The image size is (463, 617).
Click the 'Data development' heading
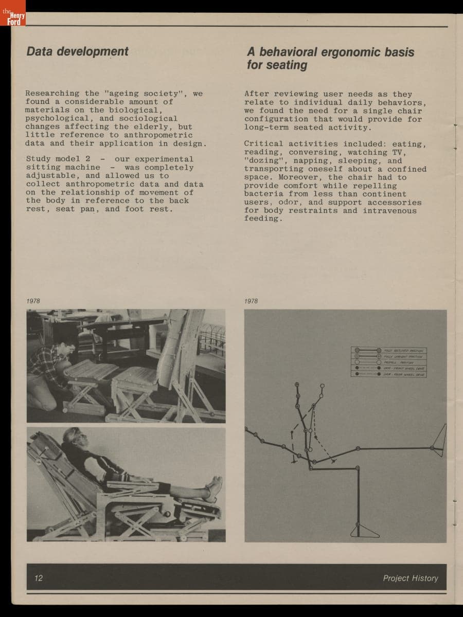coord(77,51)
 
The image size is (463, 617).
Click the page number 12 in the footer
coord(39,578)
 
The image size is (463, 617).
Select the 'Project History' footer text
coord(410,578)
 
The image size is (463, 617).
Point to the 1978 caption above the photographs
coord(33,301)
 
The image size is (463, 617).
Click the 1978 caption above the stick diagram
coord(251,301)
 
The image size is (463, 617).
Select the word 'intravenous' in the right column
coord(390,210)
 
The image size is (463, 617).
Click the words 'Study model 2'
coord(58,159)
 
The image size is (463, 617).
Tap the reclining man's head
coord(72,437)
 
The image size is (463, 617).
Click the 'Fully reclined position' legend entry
coord(389,350)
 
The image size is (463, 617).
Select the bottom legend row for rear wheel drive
coord(389,374)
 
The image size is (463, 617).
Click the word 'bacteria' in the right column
coord(264,194)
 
